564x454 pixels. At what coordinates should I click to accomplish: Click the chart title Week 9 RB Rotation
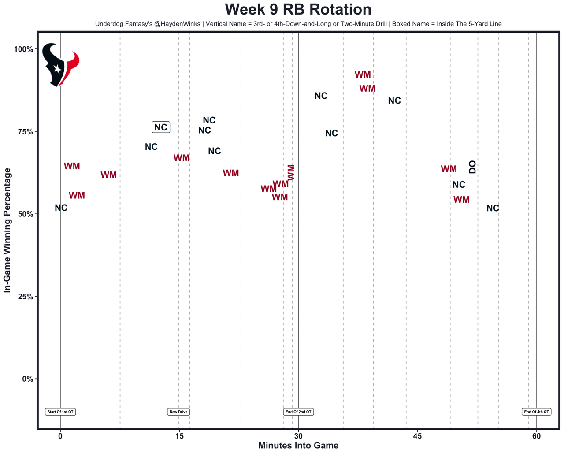pyautogui.click(x=298, y=10)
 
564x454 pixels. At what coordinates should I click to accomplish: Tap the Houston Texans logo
pyautogui.click(x=60, y=65)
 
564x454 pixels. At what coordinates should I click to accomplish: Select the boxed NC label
pyautogui.click(x=161, y=127)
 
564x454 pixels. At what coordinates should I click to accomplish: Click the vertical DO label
pyautogui.click(x=472, y=167)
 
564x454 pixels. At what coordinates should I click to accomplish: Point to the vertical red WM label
pyautogui.click(x=291, y=172)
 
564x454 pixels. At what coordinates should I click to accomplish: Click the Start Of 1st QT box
pyautogui.click(x=60, y=412)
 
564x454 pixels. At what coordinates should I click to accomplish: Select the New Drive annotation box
pyautogui.click(x=178, y=412)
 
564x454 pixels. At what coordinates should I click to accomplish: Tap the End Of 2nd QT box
pyautogui.click(x=298, y=412)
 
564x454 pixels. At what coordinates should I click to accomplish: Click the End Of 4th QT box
pyautogui.click(x=536, y=412)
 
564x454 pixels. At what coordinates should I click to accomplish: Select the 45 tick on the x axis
pyautogui.click(x=417, y=436)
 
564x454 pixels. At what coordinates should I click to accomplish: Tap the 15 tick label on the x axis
pyautogui.click(x=179, y=436)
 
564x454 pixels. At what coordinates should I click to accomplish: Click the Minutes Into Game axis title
pyautogui.click(x=298, y=446)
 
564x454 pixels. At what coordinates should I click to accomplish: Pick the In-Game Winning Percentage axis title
pyautogui.click(x=7, y=230)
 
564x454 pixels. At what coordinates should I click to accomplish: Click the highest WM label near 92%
pyautogui.click(x=363, y=75)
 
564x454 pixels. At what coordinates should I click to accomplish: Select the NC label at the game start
pyautogui.click(x=61, y=208)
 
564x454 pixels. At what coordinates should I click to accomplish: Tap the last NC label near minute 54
pyautogui.click(x=493, y=208)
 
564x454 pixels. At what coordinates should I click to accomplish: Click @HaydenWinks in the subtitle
pyautogui.click(x=176, y=24)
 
